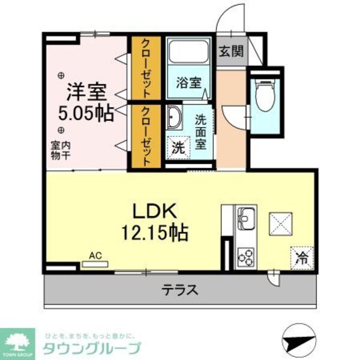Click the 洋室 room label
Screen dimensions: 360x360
(x=86, y=93)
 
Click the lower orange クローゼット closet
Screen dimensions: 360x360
(x=145, y=136)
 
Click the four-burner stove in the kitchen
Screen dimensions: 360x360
(x=245, y=257)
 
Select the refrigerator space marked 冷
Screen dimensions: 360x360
(x=302, y=258)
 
